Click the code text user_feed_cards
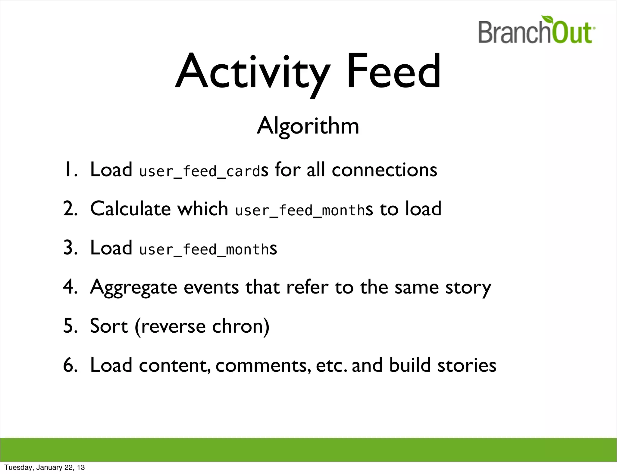tap(200, 171)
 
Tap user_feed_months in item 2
tap(300, 210)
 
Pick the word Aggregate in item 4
tap(133, 288)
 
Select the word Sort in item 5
tap(109, 326)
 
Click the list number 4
tap(70, 287)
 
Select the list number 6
tap(70, 365)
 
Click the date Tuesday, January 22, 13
tap(45, 467)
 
